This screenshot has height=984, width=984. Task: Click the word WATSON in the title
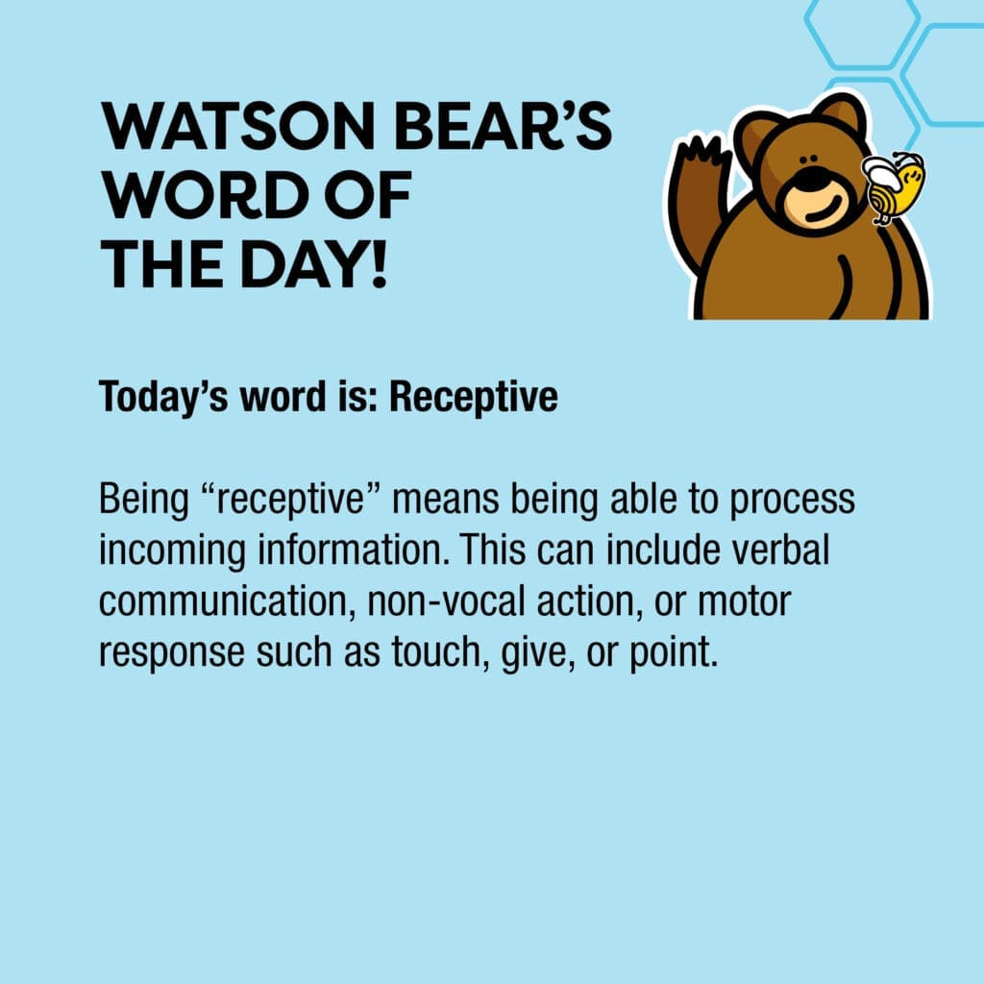[238, 126]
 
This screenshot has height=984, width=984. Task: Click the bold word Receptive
[473, 397]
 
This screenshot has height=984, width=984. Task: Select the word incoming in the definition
[172, 551]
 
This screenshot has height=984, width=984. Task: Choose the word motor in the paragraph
[745, 602]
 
